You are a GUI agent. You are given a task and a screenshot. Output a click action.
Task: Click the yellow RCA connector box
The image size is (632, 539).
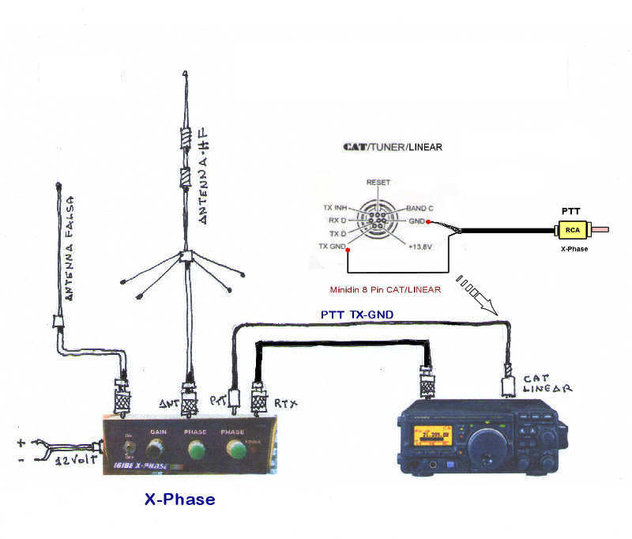coord(571,231)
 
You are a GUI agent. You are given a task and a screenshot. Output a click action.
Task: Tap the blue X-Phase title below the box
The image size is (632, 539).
coord(179,500)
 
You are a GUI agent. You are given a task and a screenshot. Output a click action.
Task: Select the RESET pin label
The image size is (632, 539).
coord(378,183)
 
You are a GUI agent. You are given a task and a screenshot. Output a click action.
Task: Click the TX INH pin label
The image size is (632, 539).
coord(337,208)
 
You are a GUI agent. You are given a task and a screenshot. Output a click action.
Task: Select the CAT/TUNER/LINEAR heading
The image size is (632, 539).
coord(393,148)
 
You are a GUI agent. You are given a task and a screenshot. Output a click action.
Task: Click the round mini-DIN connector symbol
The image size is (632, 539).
coord(378,221)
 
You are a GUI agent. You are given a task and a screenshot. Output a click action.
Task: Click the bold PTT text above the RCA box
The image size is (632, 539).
coord(570,212)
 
